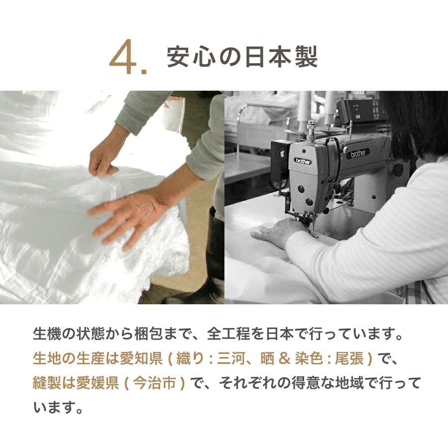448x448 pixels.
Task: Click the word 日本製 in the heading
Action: tap(281, 57)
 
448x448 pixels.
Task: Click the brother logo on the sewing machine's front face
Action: tap(303, 161)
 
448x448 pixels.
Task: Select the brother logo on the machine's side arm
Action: tap(358, 154)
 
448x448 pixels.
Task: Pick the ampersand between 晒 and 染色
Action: tap(284, 359)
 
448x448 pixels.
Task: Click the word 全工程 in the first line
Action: tap(228, 334)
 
